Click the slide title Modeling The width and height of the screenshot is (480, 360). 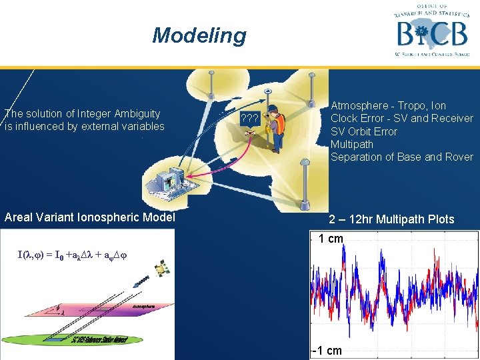199,35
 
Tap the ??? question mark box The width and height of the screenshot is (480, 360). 250,118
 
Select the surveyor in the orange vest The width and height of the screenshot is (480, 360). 275,127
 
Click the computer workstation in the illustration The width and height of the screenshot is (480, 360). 169,179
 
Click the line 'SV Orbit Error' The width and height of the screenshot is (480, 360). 363,131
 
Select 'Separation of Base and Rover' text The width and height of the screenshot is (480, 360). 401,157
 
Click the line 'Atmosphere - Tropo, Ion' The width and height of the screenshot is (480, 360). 388,105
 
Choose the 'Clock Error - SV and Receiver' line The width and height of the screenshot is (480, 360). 401,118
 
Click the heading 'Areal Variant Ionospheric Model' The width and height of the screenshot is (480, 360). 89,217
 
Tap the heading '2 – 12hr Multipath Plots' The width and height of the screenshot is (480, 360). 391,219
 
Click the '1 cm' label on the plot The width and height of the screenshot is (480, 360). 330,239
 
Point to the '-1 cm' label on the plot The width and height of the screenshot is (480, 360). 328,351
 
